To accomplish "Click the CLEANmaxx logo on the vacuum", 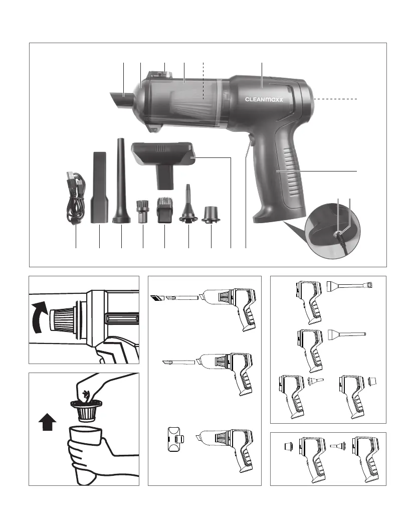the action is click(264, 99).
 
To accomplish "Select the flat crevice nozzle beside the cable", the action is click(100, 188).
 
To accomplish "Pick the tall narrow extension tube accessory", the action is click(121, 181).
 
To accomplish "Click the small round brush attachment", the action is click(142, 212).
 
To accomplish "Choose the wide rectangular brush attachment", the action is click(164, 210).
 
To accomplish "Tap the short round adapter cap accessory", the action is click(211, 214).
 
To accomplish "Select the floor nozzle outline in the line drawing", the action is click(176, 439).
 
